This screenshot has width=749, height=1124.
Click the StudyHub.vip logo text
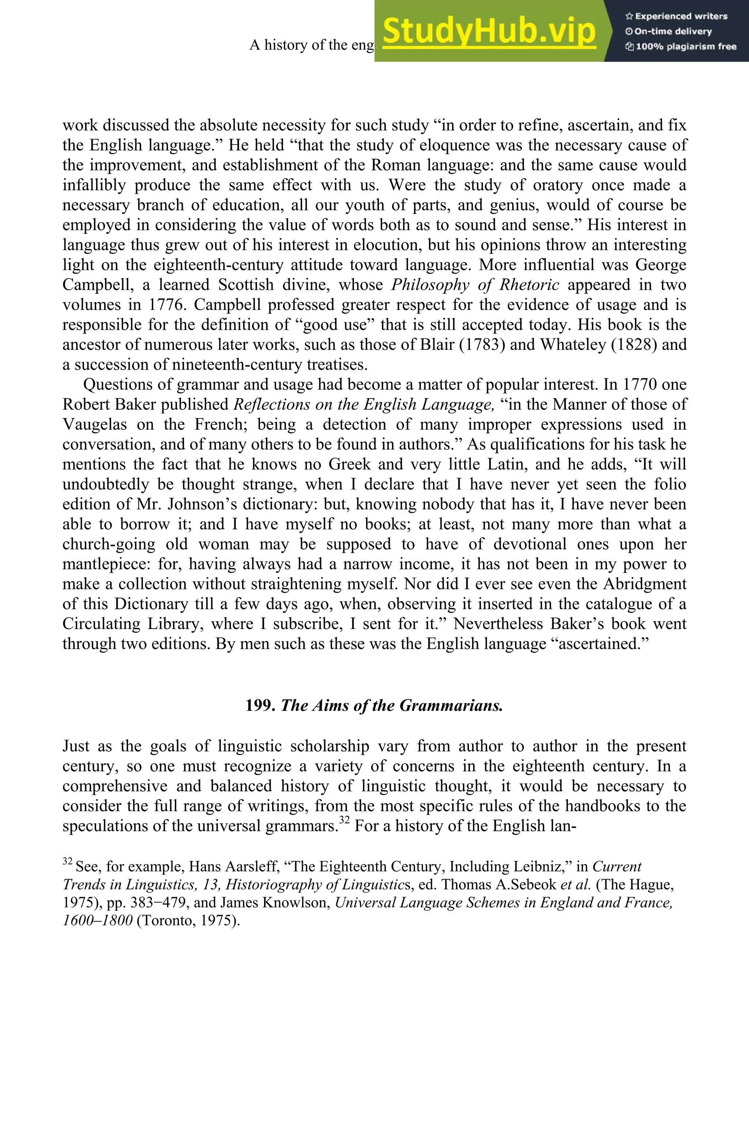pyautogui.click(x=489, y=31)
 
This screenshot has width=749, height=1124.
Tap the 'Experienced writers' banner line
pyautogui.click(x=676, y=16)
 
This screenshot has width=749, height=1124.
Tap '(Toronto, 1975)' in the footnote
pyautogui.click(x=188, y=921)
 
